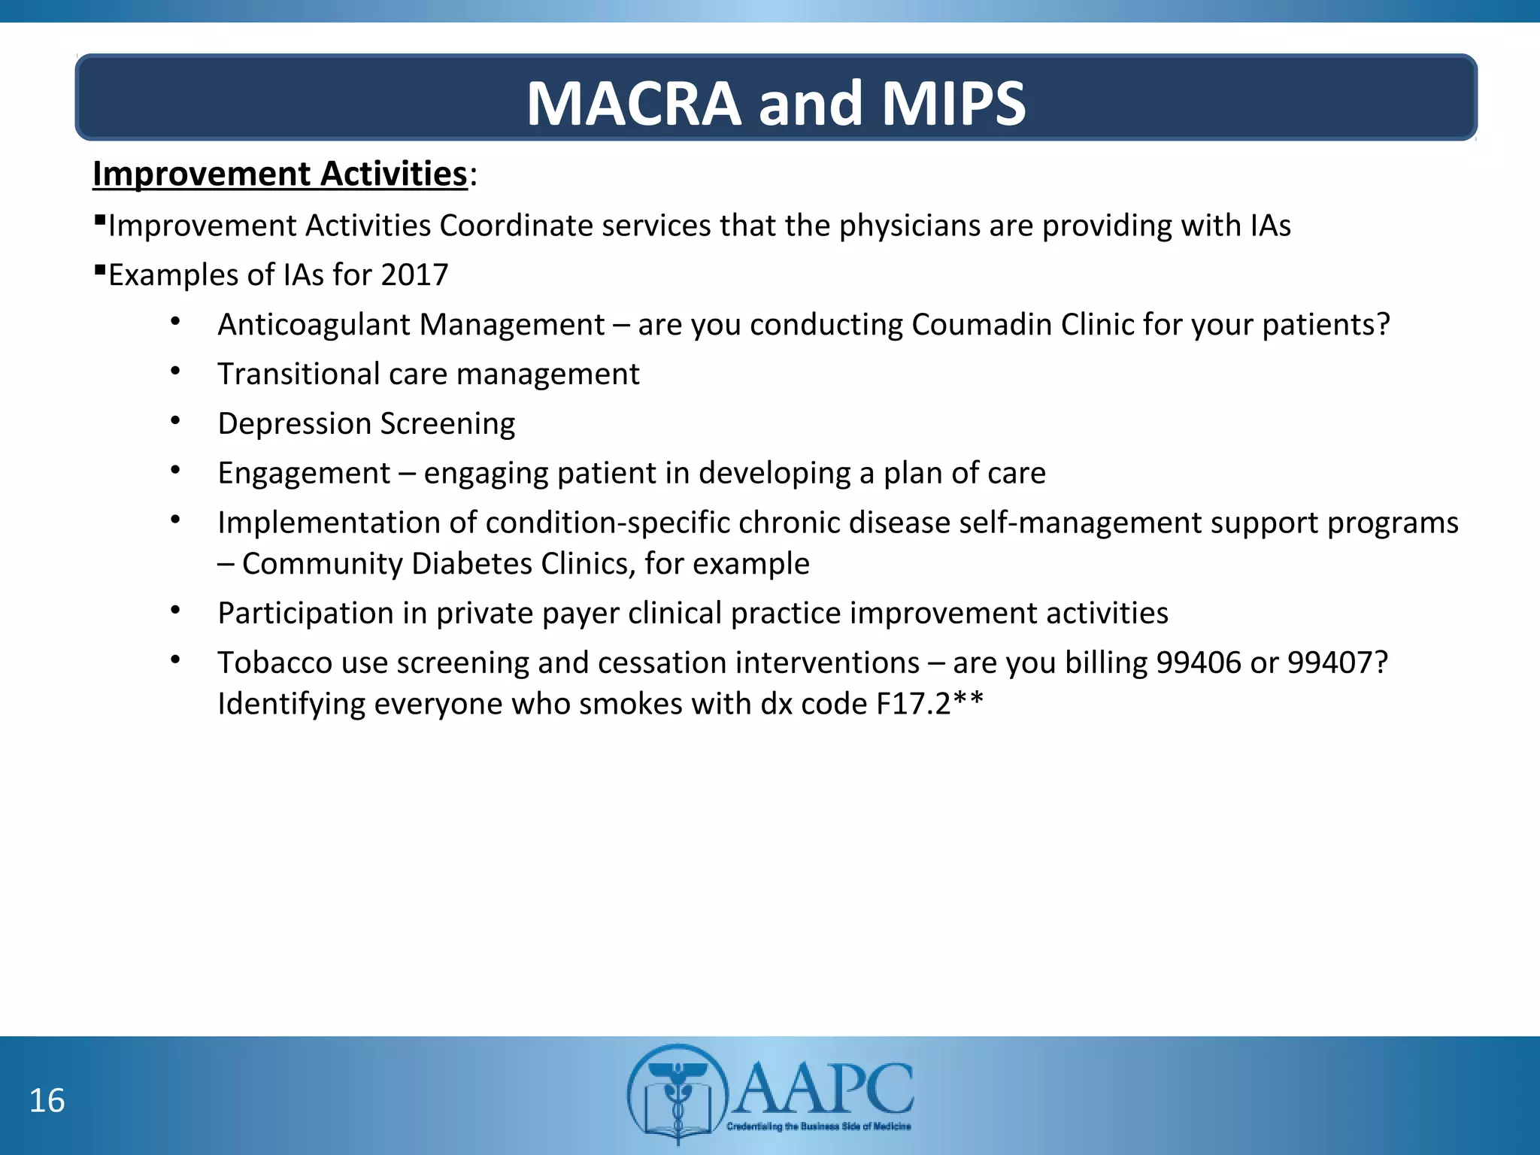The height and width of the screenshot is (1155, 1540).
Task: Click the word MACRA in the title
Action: tap(634, 104)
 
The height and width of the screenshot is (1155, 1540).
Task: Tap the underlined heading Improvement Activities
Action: tap(280, 174)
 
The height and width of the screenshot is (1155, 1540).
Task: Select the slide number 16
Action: tap(47, 1101)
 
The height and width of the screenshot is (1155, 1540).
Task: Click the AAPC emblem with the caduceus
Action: tap(678, 1093)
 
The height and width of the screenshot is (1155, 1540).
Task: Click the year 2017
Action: tap(414, 275)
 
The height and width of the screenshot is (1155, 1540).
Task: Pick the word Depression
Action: tap(294, 424)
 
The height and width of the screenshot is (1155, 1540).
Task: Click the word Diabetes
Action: tap(472, 564)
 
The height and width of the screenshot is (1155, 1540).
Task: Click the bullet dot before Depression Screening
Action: tap(175, 420)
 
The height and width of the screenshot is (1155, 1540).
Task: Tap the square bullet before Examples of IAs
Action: tap(99, 269)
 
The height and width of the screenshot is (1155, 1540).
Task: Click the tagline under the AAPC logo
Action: tap(818, 1126)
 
